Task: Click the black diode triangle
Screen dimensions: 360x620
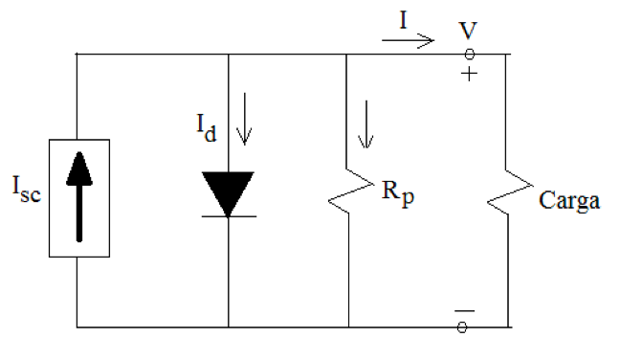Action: point(229,191)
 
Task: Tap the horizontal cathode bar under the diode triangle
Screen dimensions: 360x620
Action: point(229,215)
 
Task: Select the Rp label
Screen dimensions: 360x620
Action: point(393,200)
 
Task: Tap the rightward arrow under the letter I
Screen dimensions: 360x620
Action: point(408,41)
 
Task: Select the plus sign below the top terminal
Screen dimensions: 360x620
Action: point(468,73)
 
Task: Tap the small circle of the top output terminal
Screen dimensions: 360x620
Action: point(468,55)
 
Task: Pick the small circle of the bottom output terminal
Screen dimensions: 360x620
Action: point(462,327)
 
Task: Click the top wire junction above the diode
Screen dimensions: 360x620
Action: point(229,55)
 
